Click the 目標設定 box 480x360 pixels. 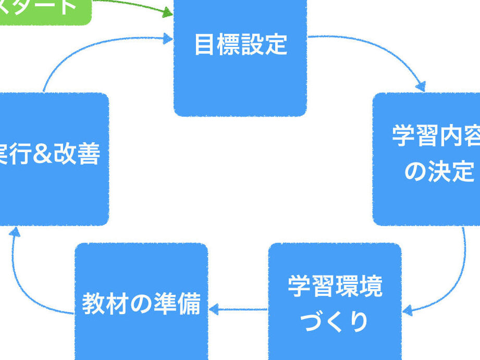240,57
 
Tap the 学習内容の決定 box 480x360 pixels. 427,158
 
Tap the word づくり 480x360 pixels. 335,321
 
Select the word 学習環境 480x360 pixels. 335,286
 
